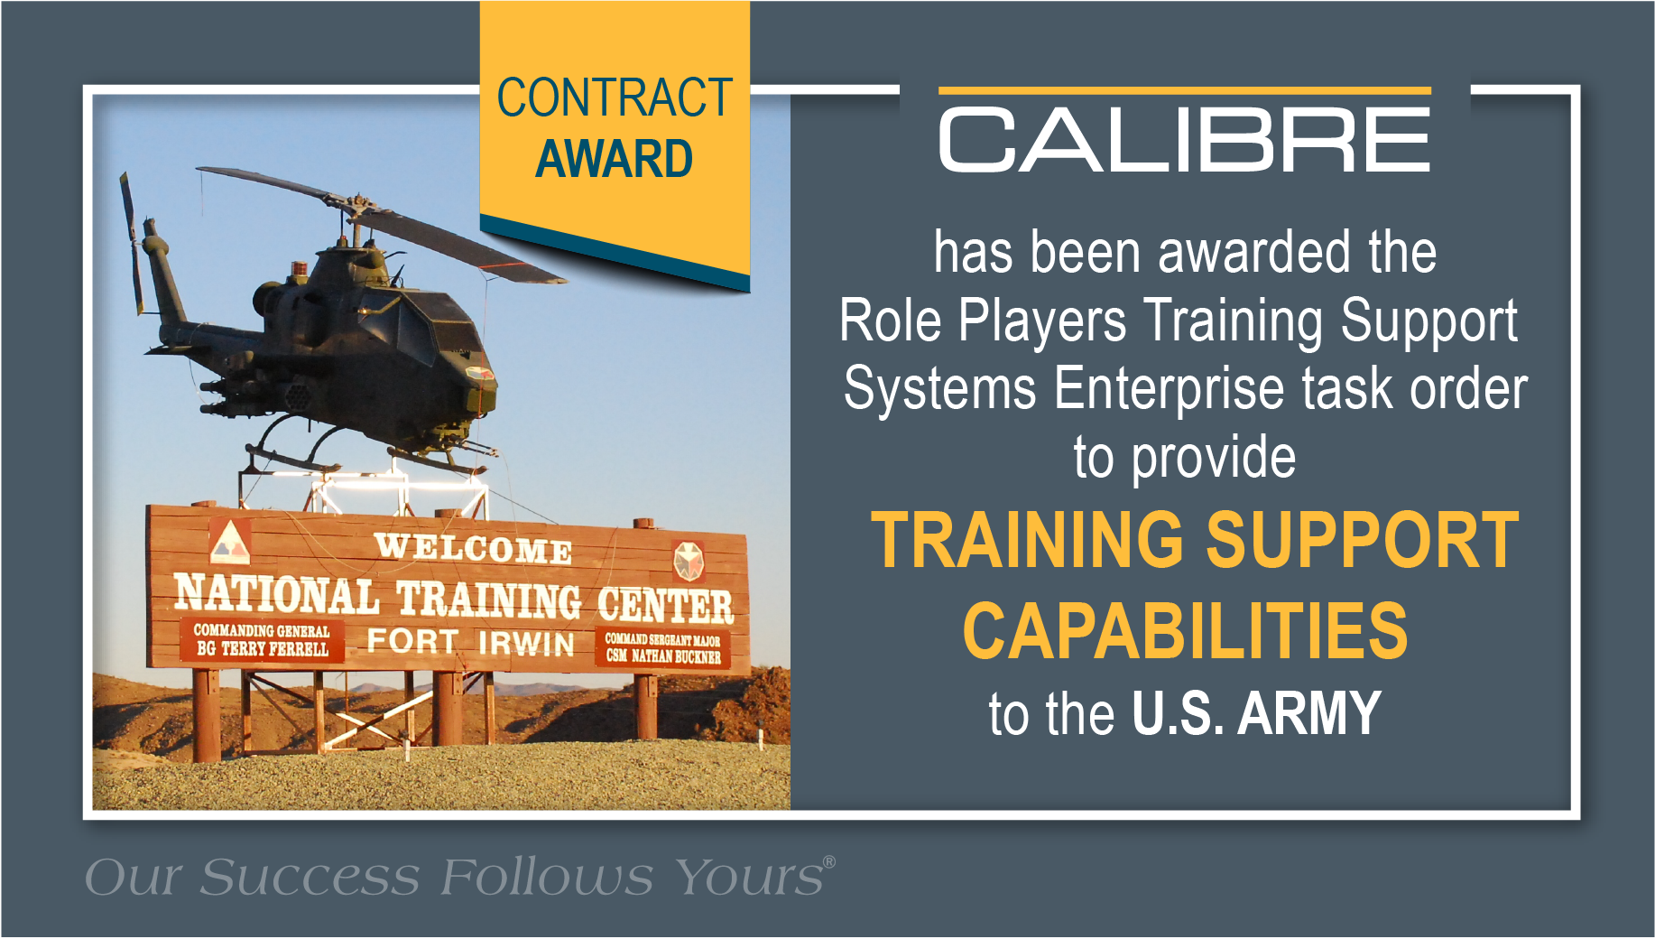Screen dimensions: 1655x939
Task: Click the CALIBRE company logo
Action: pos(1185,131)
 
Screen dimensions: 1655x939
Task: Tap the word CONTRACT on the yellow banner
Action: pos(615,98)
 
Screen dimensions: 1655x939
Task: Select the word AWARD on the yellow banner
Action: pos(615,159)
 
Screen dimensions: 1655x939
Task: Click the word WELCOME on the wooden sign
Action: pos(473,547)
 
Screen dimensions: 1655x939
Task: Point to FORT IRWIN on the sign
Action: pos(470,641)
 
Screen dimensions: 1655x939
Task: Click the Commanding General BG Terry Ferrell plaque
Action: pos(262,639)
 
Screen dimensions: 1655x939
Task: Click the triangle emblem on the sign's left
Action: pos(230,542)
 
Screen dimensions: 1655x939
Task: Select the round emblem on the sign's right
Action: pos(688,561)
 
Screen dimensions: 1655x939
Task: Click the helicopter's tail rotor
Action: pos(132,242)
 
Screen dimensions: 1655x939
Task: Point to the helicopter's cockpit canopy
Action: pos(433,311)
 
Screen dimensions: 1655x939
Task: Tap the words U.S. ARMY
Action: pos(1256,713)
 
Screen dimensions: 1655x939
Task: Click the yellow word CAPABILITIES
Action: pos(1185,630)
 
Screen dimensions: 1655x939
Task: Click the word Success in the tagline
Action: pos(310,877)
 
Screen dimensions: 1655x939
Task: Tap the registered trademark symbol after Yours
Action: pos(829,861)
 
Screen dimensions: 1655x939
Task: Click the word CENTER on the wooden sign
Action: pos(665,605)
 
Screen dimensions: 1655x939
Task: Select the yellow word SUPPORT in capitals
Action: pos(1363,540)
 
